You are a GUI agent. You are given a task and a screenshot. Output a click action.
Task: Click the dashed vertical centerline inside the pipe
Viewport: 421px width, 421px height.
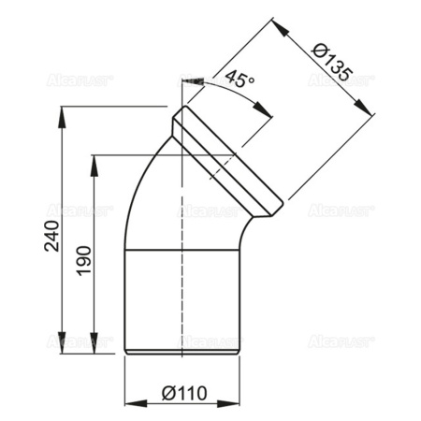(181, 281)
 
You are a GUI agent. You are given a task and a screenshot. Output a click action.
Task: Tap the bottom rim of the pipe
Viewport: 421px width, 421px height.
(184, 352)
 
